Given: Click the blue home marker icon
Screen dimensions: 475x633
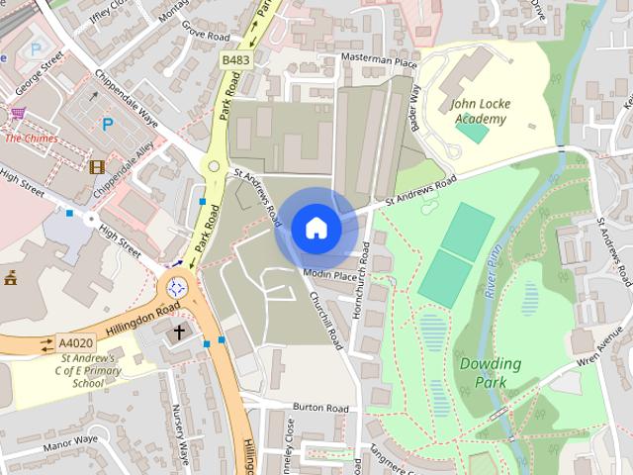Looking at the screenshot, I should (316, 228).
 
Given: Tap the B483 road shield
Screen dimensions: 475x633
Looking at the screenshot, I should (234, 61).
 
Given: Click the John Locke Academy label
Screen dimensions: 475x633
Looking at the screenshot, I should (479, 111).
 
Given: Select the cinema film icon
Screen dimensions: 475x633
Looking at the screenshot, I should (97, 167).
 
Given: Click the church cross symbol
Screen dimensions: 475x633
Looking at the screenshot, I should (180, 332).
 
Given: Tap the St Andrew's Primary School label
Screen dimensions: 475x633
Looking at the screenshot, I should (80, 369).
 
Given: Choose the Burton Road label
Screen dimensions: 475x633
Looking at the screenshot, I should (321, 408).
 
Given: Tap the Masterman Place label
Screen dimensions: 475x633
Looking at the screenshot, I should (380, 61).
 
